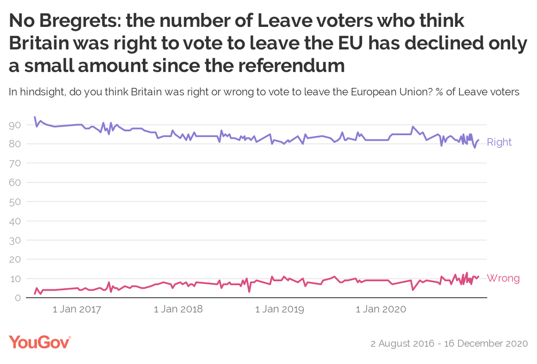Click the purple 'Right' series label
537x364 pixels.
coord(499,142)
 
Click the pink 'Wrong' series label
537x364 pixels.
coord(503,278)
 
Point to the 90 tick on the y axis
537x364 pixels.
coord(15,125)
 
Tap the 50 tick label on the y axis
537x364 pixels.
coord(15,202)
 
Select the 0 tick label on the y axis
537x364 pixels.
coord(17,298)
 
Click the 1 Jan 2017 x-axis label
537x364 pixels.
coord(77,309)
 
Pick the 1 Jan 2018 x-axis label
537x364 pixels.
coord(178,309)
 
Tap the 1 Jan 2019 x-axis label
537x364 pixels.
coord(280,309)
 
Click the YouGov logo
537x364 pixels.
coord(39,343)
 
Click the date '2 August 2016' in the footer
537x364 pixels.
coord(402,344)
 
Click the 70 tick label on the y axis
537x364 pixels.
coord(15,163)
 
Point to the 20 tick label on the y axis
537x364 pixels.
coord(15,259)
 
